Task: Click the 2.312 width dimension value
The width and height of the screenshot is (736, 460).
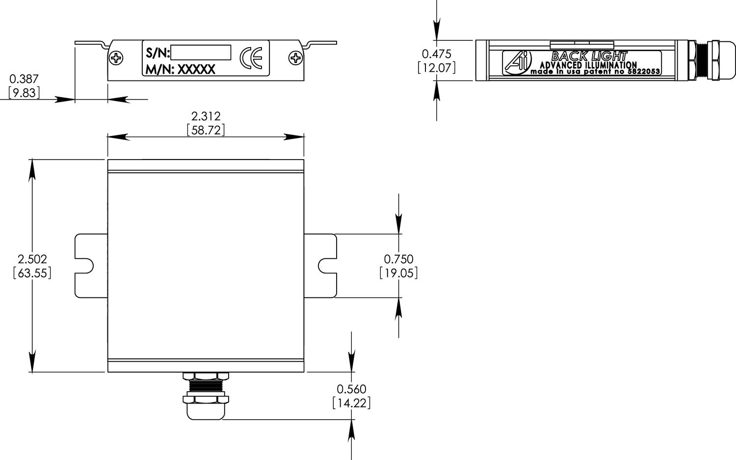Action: click(x=206, y=116)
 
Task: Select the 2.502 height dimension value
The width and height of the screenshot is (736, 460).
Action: click(x=32, y=259)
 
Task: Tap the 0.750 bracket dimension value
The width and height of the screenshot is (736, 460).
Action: click(x=398, y=259)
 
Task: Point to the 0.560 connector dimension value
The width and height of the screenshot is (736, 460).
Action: click(x=351, y=389)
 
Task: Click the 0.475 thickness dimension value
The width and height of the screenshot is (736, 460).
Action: click(x=436, y=54)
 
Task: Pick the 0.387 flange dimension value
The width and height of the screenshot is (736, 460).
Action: click(x=24, y=79)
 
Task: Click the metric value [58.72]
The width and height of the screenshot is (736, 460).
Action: click(x=206, y=130)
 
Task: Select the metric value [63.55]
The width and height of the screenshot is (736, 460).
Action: click(x=32, y=273)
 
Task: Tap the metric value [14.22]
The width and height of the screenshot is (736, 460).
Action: click(x=351, y=403)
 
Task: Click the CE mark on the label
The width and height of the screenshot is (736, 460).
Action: click(x=251, y=58)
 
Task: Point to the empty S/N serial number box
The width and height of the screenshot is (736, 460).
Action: click(x=201, y=53)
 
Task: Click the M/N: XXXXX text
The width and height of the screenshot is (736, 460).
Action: click(x=181, y=70)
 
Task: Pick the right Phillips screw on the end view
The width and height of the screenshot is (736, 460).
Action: click(x=295, y=58)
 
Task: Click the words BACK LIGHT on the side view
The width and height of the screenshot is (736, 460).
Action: click(x=589, y=56)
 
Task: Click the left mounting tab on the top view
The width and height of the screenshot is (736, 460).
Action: click(x=90, y=266)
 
